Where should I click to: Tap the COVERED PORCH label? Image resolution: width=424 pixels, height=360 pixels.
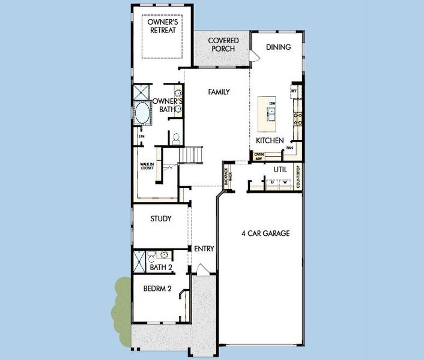tap(223, 45)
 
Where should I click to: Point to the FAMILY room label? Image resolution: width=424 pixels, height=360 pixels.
tap(219, 92)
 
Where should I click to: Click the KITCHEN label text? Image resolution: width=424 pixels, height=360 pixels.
tap(270, 140)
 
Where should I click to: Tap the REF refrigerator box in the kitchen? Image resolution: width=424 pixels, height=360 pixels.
tap(294, 92)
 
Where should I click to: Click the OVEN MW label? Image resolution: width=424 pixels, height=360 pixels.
tap(259, 156)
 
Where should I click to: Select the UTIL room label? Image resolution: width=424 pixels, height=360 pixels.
tap(280, 170)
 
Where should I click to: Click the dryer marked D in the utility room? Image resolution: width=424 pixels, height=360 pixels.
tap(271, 182)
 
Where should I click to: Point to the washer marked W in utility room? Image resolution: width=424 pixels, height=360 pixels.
tap(285, 182)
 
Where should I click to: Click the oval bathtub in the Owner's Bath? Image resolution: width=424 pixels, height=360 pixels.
tap(143, 113)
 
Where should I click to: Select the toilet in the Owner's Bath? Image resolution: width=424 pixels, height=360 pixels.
tap(175, 137)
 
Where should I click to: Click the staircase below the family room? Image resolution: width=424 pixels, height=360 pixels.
tap(192, 155)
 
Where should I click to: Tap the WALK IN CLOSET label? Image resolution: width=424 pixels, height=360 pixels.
tap(147, 166)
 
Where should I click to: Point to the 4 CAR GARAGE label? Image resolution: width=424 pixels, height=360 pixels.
tap(265, 233)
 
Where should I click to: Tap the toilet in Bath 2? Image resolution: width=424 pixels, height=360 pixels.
tap(153, 254)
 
